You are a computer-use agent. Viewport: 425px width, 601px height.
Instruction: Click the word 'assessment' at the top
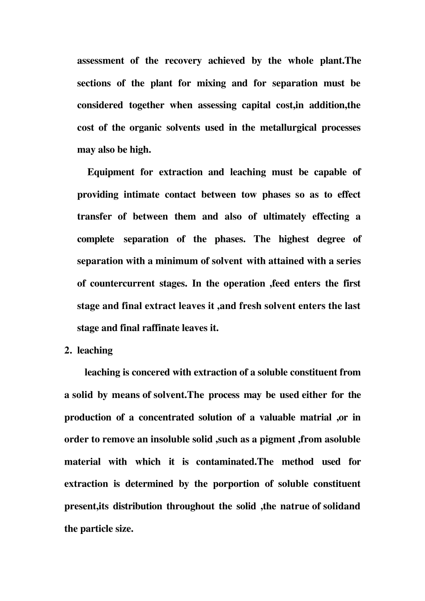click(x=101, y=61)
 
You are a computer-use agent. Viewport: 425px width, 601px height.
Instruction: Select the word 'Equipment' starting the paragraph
click(x=110, y=172)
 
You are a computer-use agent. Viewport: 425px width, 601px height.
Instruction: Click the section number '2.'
click(x=68, y=351)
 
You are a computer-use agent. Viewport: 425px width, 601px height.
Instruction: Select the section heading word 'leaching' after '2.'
click(x=95, y=351)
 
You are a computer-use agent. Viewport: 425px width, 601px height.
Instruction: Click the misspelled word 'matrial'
click(x=315, y=417)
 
